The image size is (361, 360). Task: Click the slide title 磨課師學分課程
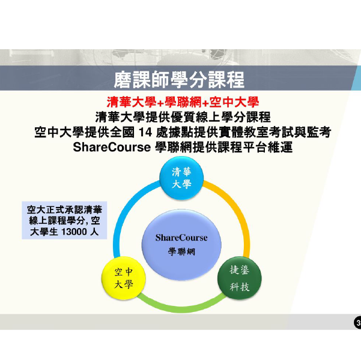[x=179, y=80]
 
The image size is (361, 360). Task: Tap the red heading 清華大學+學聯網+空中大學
[x=183, y=102]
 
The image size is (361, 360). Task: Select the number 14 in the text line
[x=145, y=133]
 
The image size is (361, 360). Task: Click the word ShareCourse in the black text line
[x=112, y=147]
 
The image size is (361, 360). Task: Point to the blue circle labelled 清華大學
[x=181, y=178]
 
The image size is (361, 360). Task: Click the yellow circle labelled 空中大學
[x=124, y=278]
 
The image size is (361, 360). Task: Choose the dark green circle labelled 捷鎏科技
[x=240, y=278]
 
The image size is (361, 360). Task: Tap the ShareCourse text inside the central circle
[x=181, y=238]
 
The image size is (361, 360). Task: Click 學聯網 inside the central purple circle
[x=181, y=251]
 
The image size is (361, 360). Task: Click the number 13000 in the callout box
[x=74, y=232]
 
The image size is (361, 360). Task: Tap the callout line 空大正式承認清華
[x=64, y=209]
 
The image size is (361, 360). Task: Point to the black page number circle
[x=357, y=323]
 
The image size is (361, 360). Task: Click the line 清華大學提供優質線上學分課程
[x=183, y=117]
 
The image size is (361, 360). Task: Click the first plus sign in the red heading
[x=160, y=103]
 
